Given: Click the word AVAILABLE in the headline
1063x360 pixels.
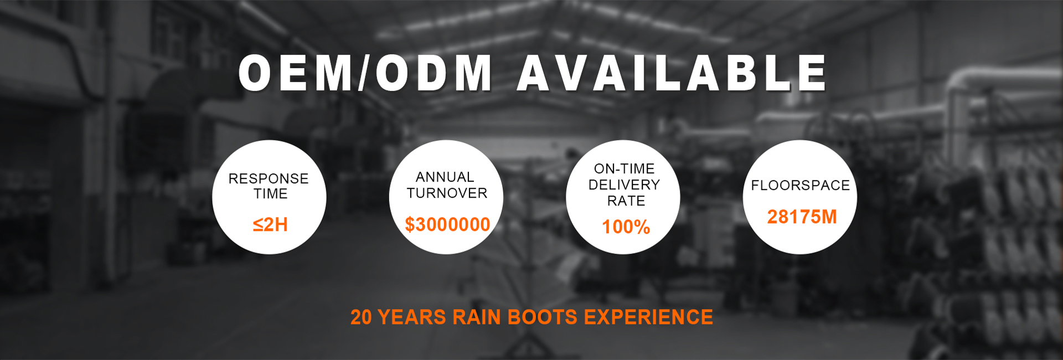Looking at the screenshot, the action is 672,73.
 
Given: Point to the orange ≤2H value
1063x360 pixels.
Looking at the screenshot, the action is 270,224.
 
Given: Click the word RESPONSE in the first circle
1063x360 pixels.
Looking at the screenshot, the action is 269,178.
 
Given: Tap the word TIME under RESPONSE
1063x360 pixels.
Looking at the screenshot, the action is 270,194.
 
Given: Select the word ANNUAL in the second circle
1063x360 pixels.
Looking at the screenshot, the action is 445,177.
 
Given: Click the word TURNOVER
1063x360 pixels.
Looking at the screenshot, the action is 447,193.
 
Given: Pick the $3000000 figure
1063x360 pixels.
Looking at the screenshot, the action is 447,224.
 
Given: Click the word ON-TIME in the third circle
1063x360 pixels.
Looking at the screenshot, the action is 624,168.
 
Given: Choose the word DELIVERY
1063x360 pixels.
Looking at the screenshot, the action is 624,184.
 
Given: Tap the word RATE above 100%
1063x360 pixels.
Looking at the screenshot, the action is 626,200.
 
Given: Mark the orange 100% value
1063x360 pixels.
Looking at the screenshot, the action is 626,227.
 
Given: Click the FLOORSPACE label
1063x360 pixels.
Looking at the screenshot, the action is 801,185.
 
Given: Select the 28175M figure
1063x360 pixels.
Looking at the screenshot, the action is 802,217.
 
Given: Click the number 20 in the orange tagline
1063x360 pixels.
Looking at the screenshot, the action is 361,317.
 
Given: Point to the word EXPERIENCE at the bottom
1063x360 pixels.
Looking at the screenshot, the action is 648,317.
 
